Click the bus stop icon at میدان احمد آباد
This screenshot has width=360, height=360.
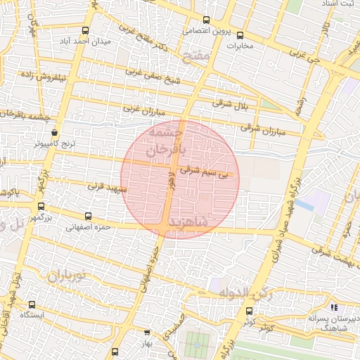click(85, 31)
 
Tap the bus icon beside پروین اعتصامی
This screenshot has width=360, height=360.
click(205, 20)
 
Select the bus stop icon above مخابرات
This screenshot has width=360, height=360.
click(240, 34)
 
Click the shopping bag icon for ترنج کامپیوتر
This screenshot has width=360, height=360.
click(55, 131)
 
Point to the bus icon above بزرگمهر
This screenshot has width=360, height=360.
click(40, 207)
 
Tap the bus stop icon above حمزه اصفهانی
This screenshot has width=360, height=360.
click(88, 217)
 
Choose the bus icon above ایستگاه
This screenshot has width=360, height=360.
click(32, 304)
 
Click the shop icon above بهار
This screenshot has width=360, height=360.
click(147, 332)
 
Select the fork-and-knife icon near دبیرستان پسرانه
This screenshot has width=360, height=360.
click(334, 307)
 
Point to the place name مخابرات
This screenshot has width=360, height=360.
click(245, 45)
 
